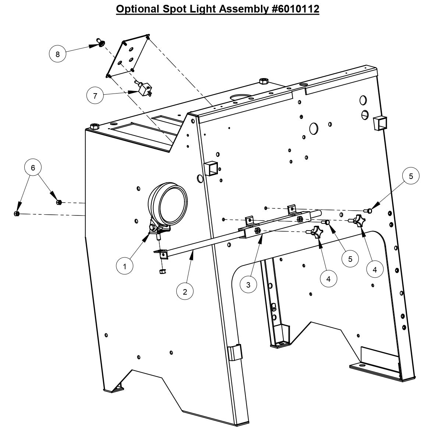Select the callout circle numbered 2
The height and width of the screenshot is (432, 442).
pyautogui.click(x=185, y=292)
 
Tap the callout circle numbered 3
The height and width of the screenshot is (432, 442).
pyautogui.click(x=249, y=285)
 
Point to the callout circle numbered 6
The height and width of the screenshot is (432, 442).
pyautogui.click(x=33, y=168)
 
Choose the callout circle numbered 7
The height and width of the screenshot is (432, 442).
pyautogui.click(x=95, y=96)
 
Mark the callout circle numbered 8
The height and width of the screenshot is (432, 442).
pyautogui.click(x=57, y=55)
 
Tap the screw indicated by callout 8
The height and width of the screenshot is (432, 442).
pyautogui.click(x=99, y=43)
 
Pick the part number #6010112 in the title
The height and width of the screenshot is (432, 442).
pyautogui.click(x=295, y=9)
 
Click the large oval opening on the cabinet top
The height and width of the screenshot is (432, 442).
pyautogui.click(x=241, y=98)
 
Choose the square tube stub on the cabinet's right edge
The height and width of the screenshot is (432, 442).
pyautogui.click(x=381, y=123)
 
